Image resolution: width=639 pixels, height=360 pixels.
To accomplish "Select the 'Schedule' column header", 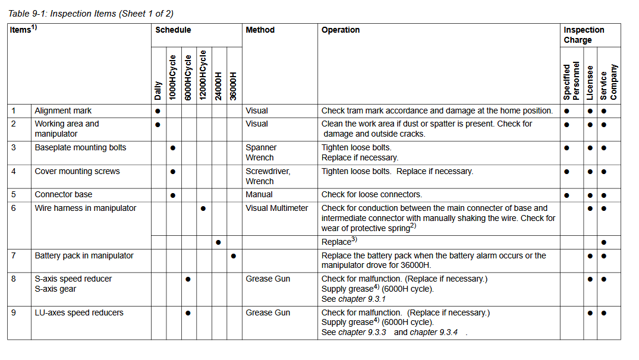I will tap(173, 30).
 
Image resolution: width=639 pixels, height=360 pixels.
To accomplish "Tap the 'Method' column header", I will tap(260, 30).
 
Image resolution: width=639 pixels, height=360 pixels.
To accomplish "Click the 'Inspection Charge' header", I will tap(584, 34).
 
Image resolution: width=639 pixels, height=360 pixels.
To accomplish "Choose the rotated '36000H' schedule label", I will tap(233, 86).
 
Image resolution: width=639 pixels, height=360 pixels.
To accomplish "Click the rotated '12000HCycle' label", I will tap(203, 75).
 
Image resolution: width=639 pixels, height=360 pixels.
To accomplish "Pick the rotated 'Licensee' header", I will tap(590, 83).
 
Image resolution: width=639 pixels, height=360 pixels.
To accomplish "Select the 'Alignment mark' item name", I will tap(63, 110).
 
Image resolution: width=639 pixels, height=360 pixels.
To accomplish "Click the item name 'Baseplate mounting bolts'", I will tap(80, 147).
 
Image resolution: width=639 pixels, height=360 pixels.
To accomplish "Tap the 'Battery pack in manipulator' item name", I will tap(84, 255).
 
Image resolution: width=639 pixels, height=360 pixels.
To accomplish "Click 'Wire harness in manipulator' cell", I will tap(85, 208).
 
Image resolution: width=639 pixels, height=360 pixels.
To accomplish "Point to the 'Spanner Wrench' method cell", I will tap(260, 152).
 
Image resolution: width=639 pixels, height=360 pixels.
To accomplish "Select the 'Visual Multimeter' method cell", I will tap(277, 208).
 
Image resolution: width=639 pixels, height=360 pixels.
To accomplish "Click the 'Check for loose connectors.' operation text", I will tap(372, 194).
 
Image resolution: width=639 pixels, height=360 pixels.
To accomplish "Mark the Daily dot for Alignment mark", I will tap(158, 111).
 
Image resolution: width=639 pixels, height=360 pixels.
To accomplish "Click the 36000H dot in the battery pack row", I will tap(233, 256).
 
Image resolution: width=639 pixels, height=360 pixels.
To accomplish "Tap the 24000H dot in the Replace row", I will tap(218, 242).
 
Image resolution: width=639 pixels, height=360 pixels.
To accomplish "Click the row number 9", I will tap(14, 312).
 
